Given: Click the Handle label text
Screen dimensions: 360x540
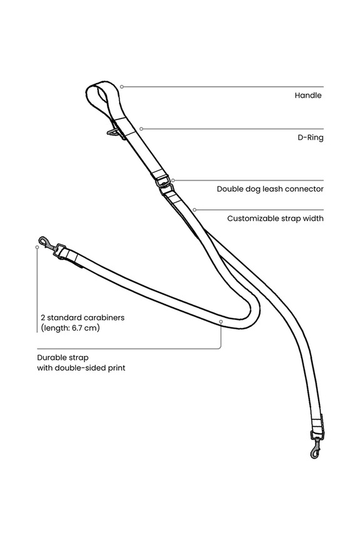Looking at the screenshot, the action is pos(308,95).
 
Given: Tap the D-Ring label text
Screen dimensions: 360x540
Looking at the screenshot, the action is pos(311,138).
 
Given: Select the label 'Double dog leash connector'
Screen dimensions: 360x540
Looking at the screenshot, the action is pos(270,189).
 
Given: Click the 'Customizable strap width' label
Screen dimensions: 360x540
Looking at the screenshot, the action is pos(275,218).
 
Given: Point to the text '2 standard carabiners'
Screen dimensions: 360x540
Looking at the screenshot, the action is pos(83,317).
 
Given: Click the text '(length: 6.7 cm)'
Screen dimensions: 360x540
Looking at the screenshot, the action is pos(70,328).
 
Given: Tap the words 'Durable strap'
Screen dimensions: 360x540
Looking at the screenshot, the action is pos(63,357).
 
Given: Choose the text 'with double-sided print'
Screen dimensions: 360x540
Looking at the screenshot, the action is pos(81,368).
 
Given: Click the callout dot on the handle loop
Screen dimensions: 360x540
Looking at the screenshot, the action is pos(121,87).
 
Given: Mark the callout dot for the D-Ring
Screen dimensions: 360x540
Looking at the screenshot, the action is pos(141,129).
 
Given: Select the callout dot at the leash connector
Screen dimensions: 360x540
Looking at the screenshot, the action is pos(173,180).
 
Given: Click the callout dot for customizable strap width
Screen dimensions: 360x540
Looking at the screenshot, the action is pos(195,210).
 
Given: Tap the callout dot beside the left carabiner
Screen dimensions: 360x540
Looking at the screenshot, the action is pos(37,247).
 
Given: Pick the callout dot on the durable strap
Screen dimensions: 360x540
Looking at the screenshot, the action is pos(221,322).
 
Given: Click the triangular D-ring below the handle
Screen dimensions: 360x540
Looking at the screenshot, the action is pos(112,132).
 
